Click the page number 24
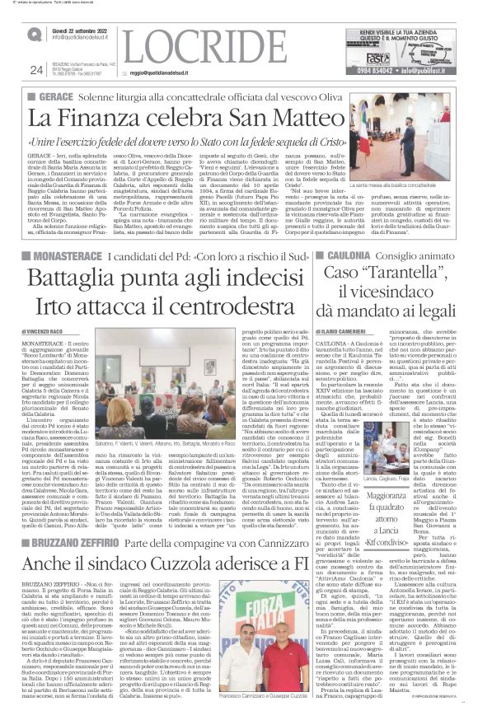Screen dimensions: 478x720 point(36,70)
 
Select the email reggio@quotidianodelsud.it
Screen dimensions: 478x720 point(162,72)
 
